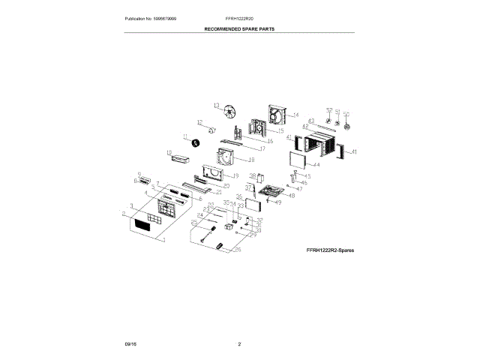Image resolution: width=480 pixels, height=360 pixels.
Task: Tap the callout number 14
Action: click(x=295, y=115)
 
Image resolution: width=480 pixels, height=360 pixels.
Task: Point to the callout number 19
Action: click(x=235, y=175)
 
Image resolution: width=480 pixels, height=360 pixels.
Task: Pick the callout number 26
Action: click(x=238, y=250)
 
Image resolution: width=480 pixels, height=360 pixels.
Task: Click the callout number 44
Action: click(x=316, y=165)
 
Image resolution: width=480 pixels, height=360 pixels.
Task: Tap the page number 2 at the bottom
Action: click(x=239, y=343)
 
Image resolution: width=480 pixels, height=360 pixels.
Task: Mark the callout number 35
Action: click(x=238, y=196)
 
